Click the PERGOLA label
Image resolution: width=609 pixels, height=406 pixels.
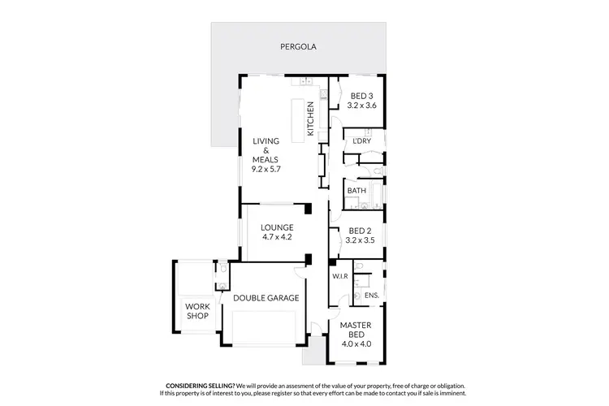(x=295, y=47)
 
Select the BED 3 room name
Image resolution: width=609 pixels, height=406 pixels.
(x=361, y=96)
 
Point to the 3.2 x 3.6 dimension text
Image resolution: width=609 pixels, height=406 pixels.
(x=361, y=106)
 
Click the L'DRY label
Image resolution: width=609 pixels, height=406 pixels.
(x=361, y=141)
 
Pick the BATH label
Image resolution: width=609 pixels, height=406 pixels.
(x=356, y=191)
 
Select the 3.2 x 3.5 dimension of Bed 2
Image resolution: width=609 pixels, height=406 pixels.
(x=361, y=241)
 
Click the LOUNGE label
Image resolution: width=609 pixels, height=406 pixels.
(x=276, y=227)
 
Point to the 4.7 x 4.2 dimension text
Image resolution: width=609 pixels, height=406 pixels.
(x=276, y=237)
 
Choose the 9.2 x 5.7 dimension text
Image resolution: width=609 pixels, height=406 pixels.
(x=266, y=169)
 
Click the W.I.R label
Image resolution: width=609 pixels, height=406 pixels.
(x=340, y=276)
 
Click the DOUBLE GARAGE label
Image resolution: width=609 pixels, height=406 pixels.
(x=266, y=298)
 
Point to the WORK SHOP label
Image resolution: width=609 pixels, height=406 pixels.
(x=197, y=311)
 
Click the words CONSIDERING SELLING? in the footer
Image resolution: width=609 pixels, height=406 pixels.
(x=201, y=386)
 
